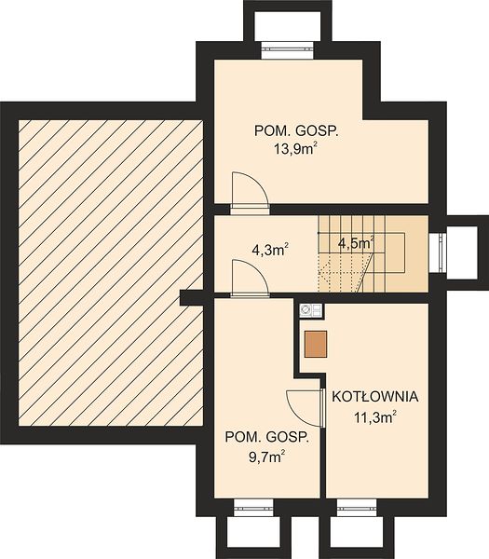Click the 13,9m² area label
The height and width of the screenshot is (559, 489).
click(295, 148)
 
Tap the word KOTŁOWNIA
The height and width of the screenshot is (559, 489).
click(375, 397)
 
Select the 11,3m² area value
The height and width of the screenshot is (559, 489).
click(375, 416)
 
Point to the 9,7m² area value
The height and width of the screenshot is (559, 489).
click(267, 457)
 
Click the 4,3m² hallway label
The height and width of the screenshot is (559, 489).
click(270, 250)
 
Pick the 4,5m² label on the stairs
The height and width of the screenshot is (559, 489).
click(356, 243)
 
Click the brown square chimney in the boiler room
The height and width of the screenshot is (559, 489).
click(316, 344)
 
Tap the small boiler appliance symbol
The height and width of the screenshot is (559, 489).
click(311, 310)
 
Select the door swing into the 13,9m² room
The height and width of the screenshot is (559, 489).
click(249, 190)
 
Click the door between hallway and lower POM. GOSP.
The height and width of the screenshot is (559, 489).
click(250, 278)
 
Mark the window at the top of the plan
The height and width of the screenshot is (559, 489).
click(288, 50)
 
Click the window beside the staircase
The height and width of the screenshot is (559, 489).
click(438, 253)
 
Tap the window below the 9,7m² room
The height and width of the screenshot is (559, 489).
click(253, 507)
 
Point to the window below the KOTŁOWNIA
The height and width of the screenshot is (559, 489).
click(357, 507)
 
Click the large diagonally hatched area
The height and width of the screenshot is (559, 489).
click(111, 273)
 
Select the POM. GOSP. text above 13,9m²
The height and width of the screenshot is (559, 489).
click(296, 130)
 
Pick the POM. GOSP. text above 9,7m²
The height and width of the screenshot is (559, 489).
click(266, 437)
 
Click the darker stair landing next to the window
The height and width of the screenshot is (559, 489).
click(407, 253)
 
